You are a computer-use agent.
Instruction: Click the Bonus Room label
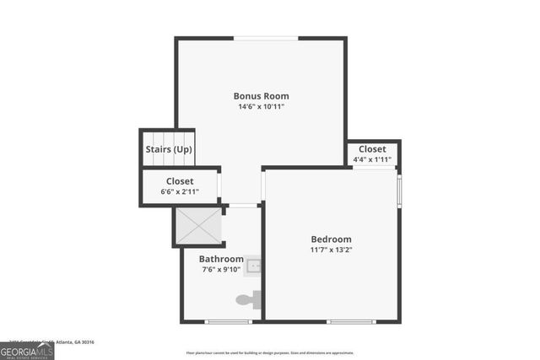pos(260,95)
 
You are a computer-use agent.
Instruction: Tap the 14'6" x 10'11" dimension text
pos(260,107)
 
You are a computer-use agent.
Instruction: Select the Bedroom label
pos(331,239)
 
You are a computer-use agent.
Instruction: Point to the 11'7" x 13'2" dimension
pos(331,250)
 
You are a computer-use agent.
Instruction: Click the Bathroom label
pos(221,259)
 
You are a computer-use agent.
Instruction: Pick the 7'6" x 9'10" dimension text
pos(221,270)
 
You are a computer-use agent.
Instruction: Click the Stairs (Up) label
pos(168,149)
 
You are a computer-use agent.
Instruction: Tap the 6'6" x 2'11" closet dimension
pos(179,192)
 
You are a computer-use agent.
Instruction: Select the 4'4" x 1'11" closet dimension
pos(372,159)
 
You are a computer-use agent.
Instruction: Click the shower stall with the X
pos(198,225)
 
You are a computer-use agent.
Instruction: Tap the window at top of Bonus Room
pos(265,38)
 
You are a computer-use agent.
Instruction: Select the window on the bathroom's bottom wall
pos(228,321)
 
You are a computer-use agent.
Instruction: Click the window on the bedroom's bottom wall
pos(352,321)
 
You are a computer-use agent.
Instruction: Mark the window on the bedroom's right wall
pos(399,190)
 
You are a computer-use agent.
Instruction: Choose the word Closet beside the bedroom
pos(372,149)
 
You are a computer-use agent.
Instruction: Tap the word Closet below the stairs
pos(179,181)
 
